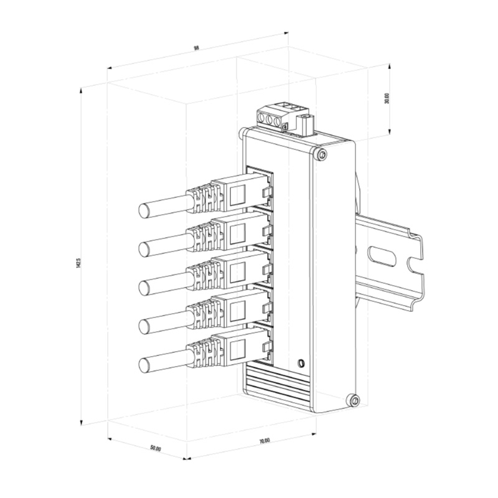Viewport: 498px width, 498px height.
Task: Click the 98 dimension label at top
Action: (x=196, y=48)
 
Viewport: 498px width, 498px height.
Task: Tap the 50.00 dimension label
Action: (x=156, y=448)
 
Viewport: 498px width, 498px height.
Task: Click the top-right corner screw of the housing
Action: (x=321, y=154)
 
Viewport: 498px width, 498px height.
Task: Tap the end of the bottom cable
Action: (x=144, y=365)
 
